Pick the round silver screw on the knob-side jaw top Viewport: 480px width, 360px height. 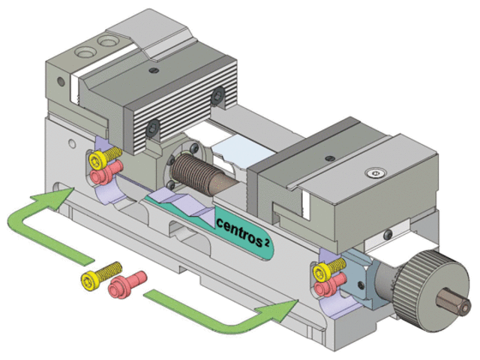pyautogui.click(x=375, y=173)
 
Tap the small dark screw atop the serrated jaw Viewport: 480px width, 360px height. pyautogui.click(x=154, y=70)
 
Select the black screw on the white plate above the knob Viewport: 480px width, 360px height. pyautogui.click(x=385, y=234)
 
